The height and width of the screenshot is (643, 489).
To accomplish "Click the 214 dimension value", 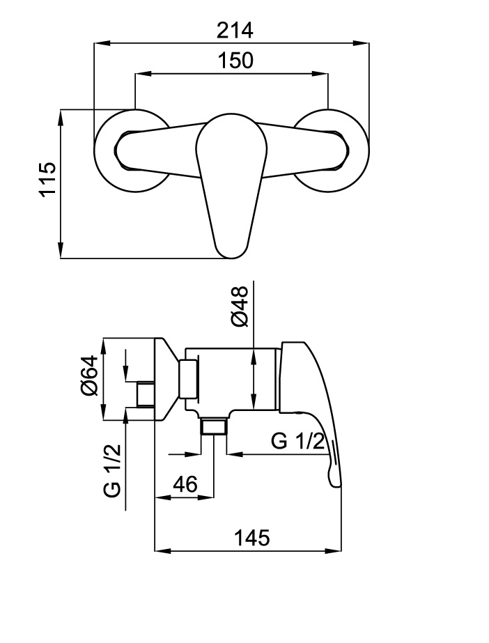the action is tap(235, 31).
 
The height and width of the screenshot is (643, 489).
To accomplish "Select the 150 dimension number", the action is tap(235, 61).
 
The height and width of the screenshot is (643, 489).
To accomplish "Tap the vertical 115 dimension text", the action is tap(47, 180).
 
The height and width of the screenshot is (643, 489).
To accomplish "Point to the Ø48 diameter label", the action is tap(240, 307).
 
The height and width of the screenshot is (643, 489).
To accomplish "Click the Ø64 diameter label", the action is tap(90, 375).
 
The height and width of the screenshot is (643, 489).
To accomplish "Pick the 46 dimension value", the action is tap(185, 484).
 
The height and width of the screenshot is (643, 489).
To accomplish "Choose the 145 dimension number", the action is tap(251, 538).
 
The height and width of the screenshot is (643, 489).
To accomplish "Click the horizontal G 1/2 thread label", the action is tap(298, 441).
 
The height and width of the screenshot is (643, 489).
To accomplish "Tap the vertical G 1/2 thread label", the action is tap(112, 470).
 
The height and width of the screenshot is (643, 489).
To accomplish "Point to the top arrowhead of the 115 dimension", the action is tap(61, 118).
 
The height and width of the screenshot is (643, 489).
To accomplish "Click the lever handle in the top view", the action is tap(231, 185).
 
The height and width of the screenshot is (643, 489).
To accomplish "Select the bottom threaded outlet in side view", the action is tap(214, 426).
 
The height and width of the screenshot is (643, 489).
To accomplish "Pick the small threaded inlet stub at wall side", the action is tap(146, 394).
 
